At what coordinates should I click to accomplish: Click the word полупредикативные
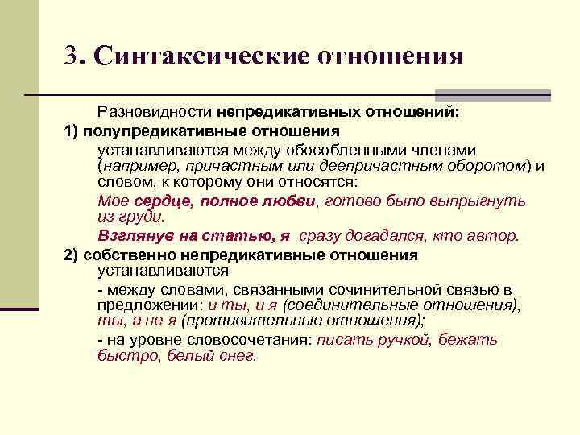coord(154,130)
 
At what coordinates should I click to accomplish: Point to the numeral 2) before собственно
coord(71,255)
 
